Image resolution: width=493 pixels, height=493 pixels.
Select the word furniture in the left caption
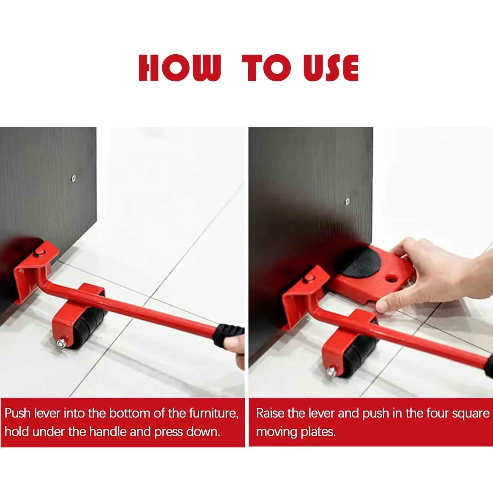pos(213,413)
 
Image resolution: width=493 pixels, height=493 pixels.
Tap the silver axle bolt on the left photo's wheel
pos(61,343)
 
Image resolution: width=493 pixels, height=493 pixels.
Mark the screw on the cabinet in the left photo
pos(73,177)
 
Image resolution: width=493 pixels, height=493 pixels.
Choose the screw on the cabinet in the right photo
pos(347,201)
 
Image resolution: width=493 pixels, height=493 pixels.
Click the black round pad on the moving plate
pos(361,262)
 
